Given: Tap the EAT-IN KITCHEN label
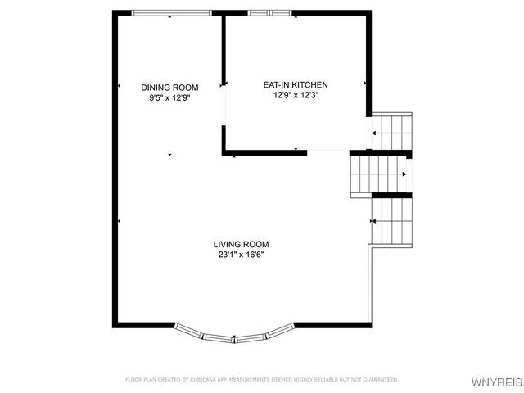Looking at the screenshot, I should pos(295,84).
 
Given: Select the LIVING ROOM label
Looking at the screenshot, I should pos(241,244).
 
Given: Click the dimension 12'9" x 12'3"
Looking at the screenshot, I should pos(295,94).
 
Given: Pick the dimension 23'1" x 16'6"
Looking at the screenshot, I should pos(241,254).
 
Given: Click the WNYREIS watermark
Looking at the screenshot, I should pos(496,382).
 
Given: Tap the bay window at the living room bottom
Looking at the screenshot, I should pos(234,334).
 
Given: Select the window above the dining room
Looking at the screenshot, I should pos(169,12).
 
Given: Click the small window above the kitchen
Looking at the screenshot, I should pos(269,12).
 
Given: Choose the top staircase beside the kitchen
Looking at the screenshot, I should pos(392,131).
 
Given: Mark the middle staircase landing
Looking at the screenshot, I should pos(379,174).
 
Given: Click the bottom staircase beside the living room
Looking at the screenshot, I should pos(392,221).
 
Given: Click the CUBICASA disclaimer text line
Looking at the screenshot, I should pos(261,380).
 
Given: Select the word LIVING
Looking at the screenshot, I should pos(227,244).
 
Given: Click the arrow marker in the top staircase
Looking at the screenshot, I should pos(375,132).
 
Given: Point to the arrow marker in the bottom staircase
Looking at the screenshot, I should pos(375,221).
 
